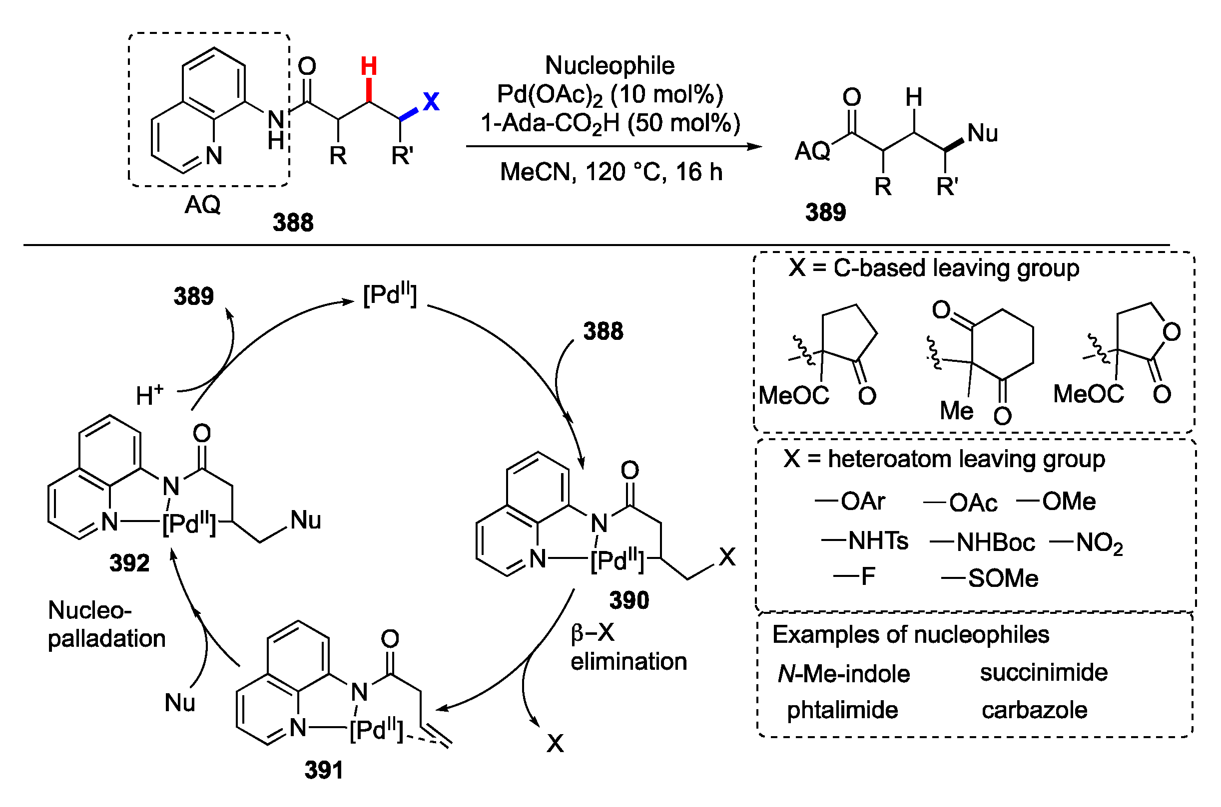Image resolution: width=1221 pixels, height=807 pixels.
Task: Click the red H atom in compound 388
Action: (x=369, y=66)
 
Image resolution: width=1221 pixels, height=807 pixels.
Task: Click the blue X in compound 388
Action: (x=431, y=101)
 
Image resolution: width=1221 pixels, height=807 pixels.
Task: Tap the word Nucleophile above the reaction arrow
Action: (x=610, y=65)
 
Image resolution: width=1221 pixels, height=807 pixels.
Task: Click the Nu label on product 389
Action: (x=983, y=133)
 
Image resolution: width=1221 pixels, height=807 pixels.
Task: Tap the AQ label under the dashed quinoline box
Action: (x=202, y=205)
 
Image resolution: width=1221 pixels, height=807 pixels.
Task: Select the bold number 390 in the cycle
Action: (x=629, y=600)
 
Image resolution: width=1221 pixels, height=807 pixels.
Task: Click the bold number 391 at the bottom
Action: (x=324, y=771)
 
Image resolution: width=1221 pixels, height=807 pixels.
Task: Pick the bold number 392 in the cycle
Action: (x=129, y=563)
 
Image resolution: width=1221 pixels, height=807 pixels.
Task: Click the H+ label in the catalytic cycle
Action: (x=149, y=395)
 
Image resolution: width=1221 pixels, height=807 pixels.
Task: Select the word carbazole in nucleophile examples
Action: (x=1034, y=710)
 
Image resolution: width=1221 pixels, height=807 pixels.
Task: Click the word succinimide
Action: (x=1043, y=673)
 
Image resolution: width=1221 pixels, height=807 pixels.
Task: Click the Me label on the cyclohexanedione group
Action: (x=956, y=411)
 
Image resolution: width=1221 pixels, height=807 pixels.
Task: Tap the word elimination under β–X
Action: (x=628, y=662)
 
